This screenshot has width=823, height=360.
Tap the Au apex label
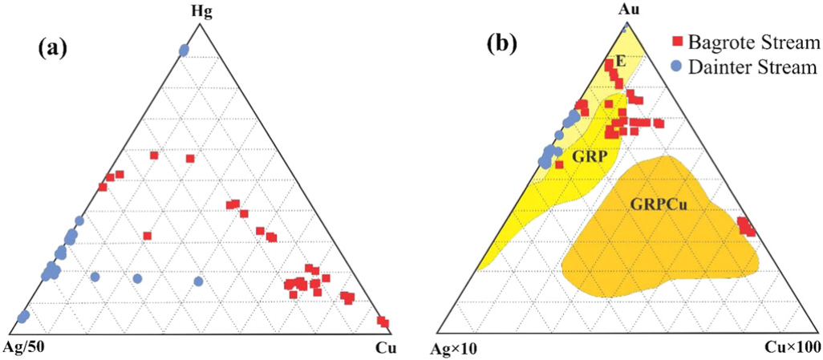pos(627,9)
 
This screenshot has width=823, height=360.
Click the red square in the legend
pos(678,40)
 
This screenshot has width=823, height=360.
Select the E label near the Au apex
pos(620,62)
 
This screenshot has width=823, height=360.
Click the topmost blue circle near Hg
pos(184,51)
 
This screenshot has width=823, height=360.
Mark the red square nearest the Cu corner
pos(384,323)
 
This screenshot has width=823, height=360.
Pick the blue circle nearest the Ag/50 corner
pos(22,318)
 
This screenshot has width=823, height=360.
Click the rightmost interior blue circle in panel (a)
pos(198,281)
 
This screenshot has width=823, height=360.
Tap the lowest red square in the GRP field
pos(559,164)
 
